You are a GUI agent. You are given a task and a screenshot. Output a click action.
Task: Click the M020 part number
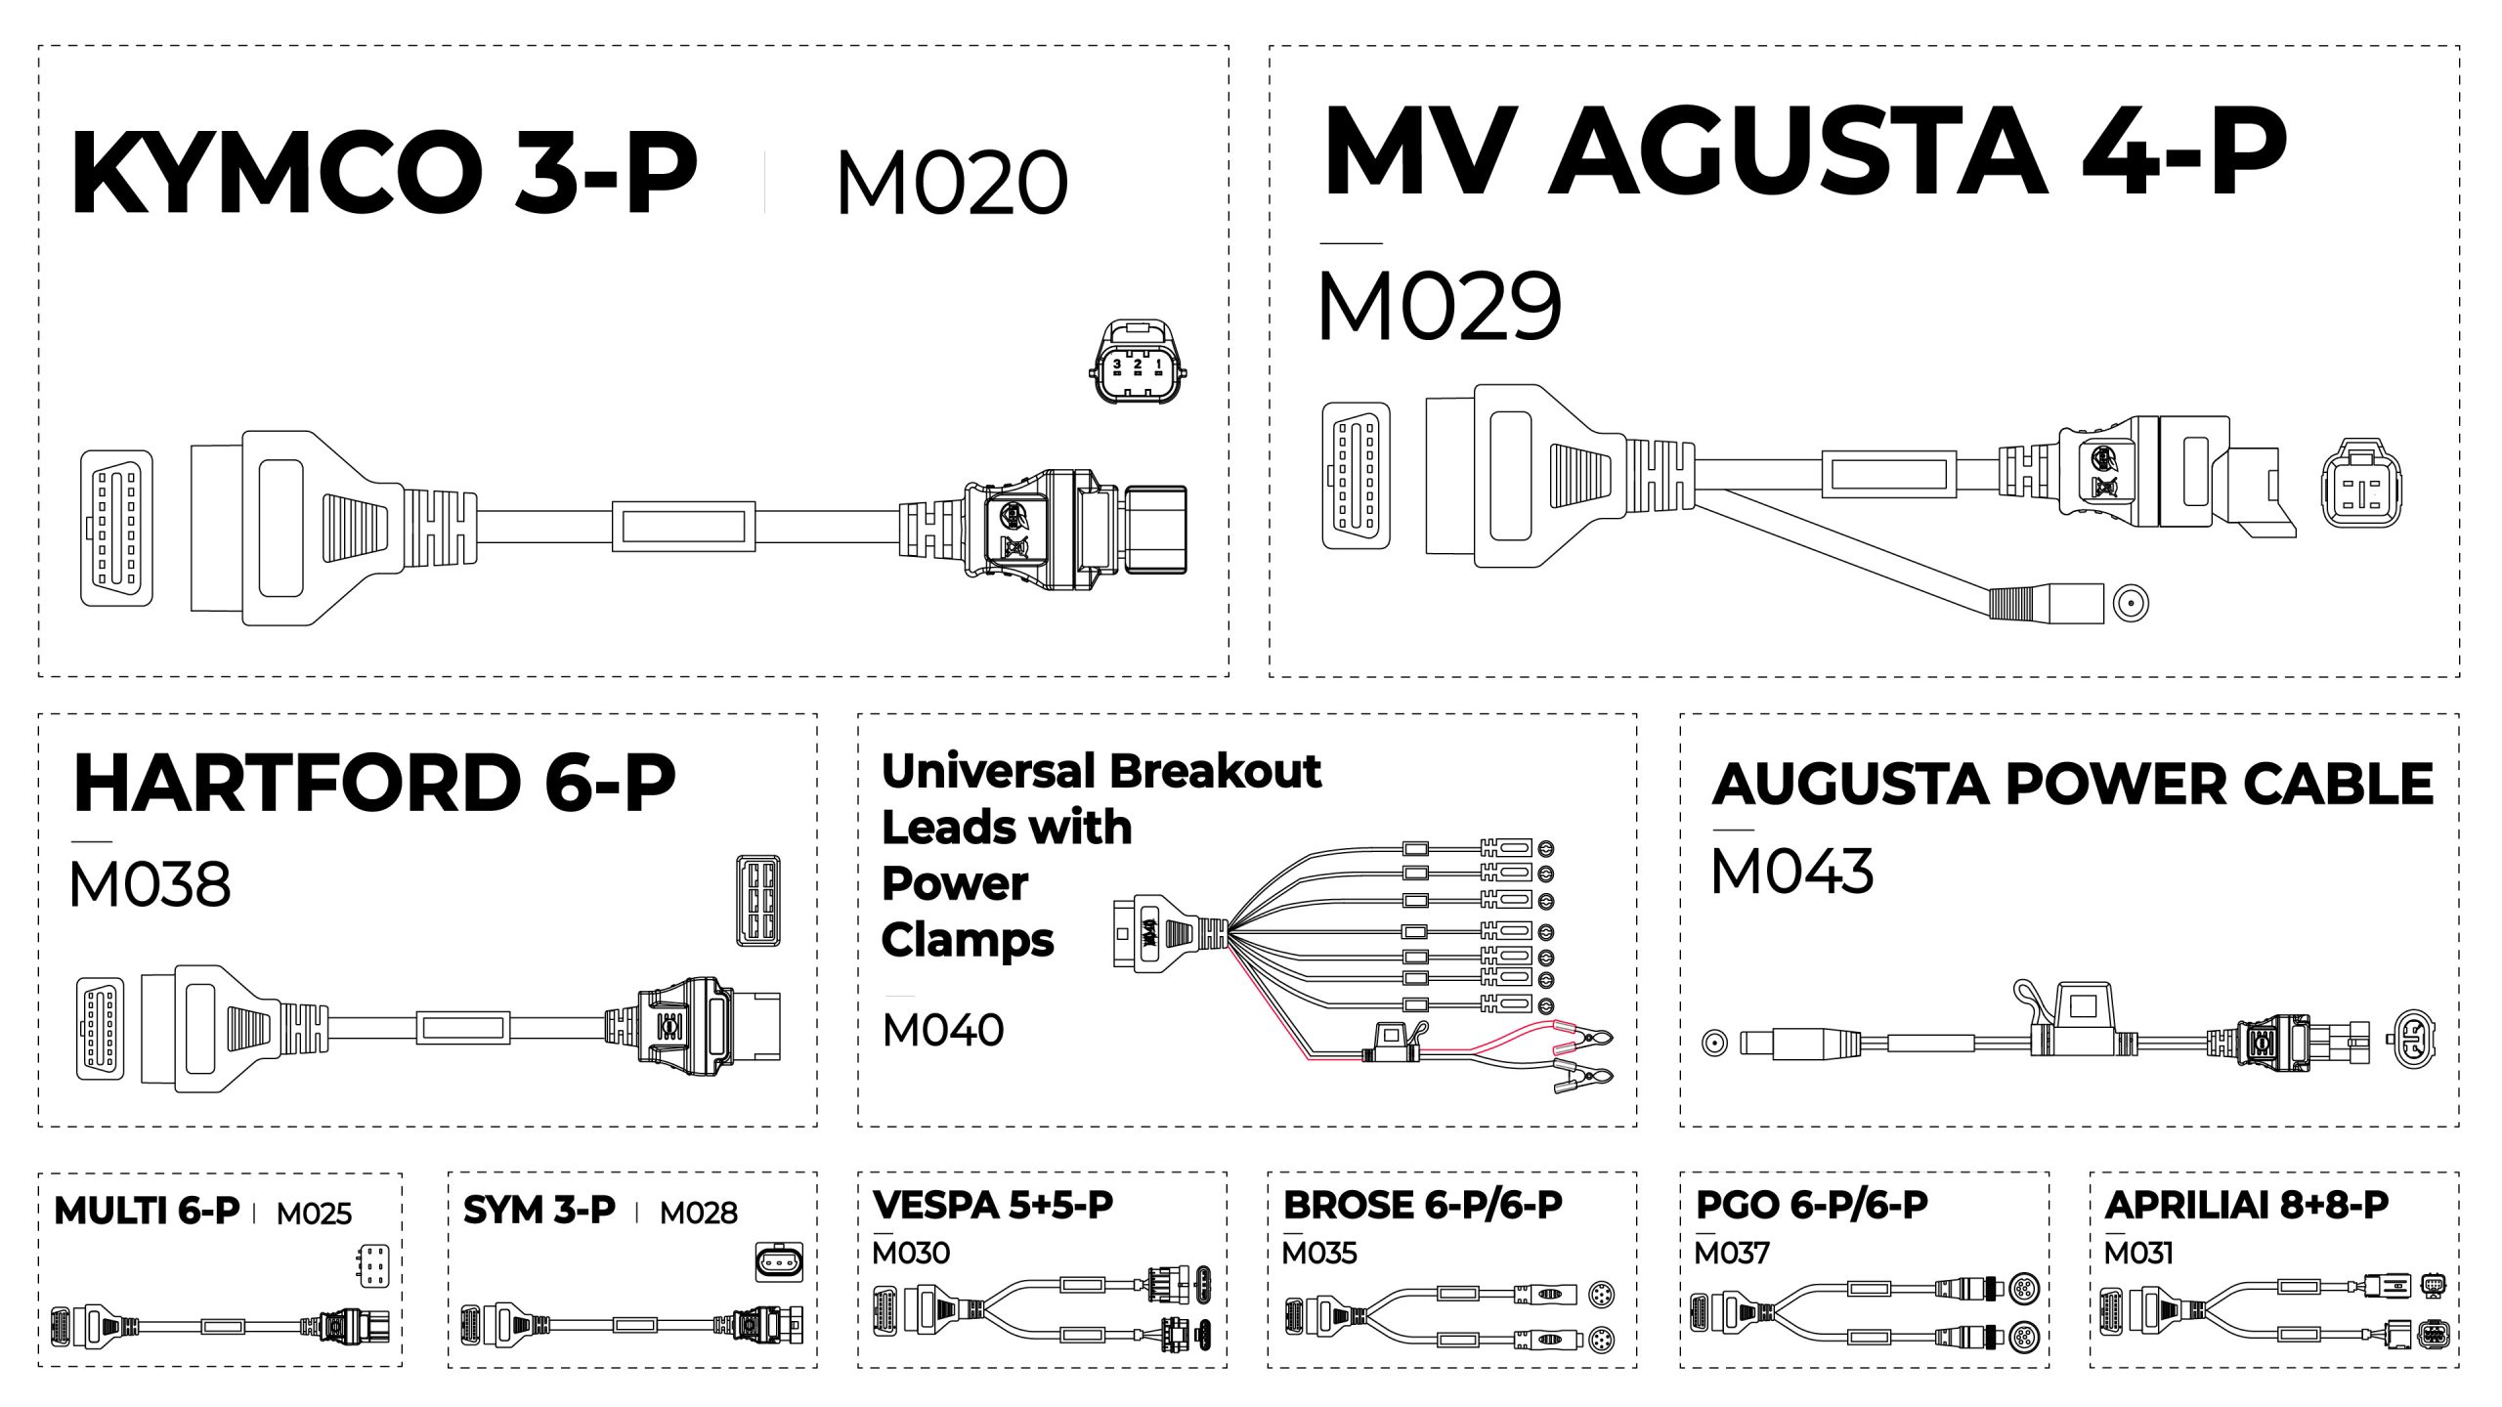coord(952,183)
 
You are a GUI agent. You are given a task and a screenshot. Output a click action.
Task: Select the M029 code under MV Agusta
coord(1439,307)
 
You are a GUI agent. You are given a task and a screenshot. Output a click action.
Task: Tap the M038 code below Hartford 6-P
coord(150,884)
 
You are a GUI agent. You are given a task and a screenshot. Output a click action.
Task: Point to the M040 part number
coord(942,1030)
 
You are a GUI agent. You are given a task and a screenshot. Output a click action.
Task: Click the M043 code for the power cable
coord(1791,871)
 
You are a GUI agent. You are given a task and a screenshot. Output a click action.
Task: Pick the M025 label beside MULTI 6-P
coord(314,1214)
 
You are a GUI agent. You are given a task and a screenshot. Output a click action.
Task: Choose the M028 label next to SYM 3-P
coord(698,1213)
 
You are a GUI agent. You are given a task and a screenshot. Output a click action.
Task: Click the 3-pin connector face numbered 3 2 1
coord(1137,362)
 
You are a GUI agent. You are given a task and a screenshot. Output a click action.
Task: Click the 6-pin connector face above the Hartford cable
coord(757,900)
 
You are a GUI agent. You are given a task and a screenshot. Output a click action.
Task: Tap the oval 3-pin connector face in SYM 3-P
coord(779,1262)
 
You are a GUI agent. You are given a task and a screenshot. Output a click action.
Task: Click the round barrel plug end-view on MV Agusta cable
coord(2131,603)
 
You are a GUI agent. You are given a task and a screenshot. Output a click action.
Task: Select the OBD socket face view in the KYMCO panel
coord(116,528)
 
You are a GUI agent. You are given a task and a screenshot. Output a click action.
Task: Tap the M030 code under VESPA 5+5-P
coord(910,1253)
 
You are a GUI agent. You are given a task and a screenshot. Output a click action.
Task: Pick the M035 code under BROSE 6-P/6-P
coord(1319,1253)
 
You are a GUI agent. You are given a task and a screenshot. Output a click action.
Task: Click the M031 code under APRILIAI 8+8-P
coord(2138,1253)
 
